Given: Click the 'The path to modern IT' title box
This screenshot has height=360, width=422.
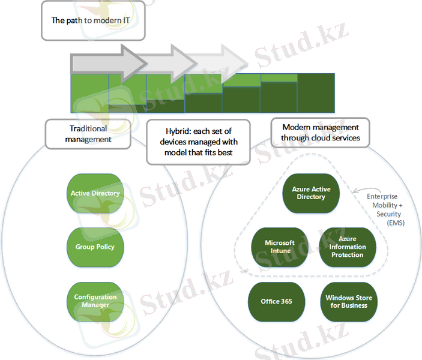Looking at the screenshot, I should tap(92, 20).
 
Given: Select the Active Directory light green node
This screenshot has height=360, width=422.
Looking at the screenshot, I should tap(95, 193).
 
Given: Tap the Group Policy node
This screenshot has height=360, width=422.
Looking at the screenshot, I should tap(95, 247).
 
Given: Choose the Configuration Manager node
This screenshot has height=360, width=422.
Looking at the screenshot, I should tap(95, 301).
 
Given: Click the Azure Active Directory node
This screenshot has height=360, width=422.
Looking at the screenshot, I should tap(311, 193).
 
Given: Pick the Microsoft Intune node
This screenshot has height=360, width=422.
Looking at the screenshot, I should tap(280, 247).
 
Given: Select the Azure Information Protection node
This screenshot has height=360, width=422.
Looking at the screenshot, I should tap(347, 247).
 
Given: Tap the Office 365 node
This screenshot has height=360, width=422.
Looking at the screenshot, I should tap(277, 301).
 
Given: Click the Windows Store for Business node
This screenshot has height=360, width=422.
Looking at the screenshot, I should tap(348, 301).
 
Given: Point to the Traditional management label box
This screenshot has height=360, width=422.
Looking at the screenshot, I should tap(88, 133).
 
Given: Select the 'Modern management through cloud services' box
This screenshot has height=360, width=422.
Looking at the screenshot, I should tap(321, 132).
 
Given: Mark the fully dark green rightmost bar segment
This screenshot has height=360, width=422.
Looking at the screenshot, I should tap(316, 93).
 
